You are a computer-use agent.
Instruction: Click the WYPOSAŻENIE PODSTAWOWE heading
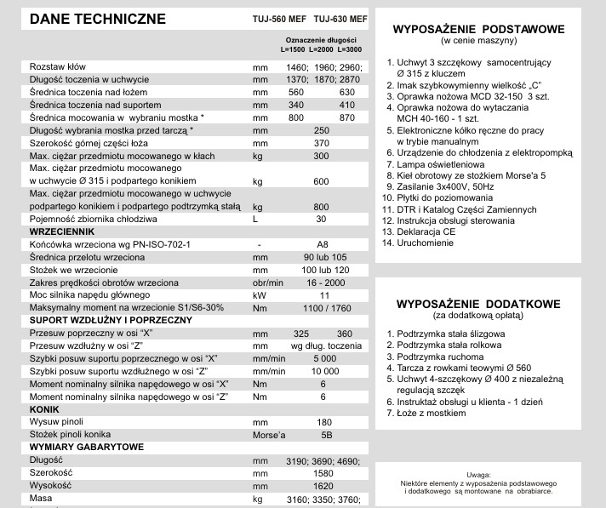tap(478, 29)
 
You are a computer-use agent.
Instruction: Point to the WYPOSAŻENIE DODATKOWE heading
tap(478, 303)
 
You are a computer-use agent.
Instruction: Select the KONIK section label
tap(43, 408)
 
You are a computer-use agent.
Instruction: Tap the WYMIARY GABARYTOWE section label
tap(86, 446)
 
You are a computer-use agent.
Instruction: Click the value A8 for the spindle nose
tap(322, 244)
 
